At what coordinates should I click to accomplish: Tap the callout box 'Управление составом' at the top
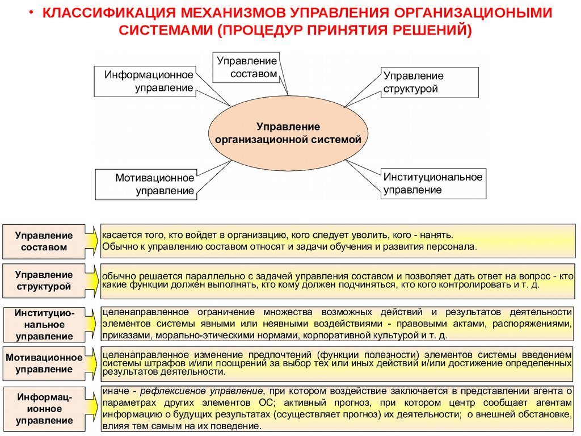[246, 68]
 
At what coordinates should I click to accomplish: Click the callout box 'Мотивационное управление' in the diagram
[146, 185]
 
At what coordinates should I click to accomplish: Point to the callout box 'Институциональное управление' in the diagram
[432, 183]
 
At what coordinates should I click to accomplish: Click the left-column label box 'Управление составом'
[44, 241]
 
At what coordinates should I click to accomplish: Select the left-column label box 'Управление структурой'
[44, 280]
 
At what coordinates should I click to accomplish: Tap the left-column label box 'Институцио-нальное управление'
[44, 325]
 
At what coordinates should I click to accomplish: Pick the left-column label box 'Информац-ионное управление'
[44, 408]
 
